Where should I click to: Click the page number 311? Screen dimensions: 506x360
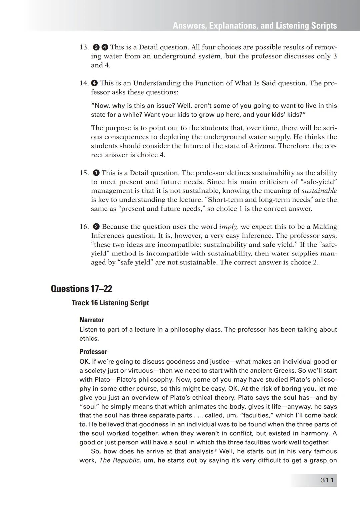coord(327,480)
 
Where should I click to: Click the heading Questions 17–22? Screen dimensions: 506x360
coord(81,289)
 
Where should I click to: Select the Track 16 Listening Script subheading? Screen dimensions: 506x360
coord(110,303)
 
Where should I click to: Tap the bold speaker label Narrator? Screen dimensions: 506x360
coord(92,320)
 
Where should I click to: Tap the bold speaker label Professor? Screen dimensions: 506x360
coord(93,352)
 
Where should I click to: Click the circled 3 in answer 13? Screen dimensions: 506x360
coord(96,47)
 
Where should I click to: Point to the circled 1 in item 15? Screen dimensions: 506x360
coord(96,173)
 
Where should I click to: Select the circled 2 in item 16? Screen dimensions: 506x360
coord(96,227)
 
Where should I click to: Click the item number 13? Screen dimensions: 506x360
coord(84,47)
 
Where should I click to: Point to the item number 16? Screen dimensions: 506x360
coord(84,227)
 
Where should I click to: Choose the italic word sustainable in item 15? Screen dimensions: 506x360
coord(319,191)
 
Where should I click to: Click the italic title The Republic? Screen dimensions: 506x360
coord(119,461)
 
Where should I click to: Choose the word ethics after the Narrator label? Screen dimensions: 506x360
coord(89,339)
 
